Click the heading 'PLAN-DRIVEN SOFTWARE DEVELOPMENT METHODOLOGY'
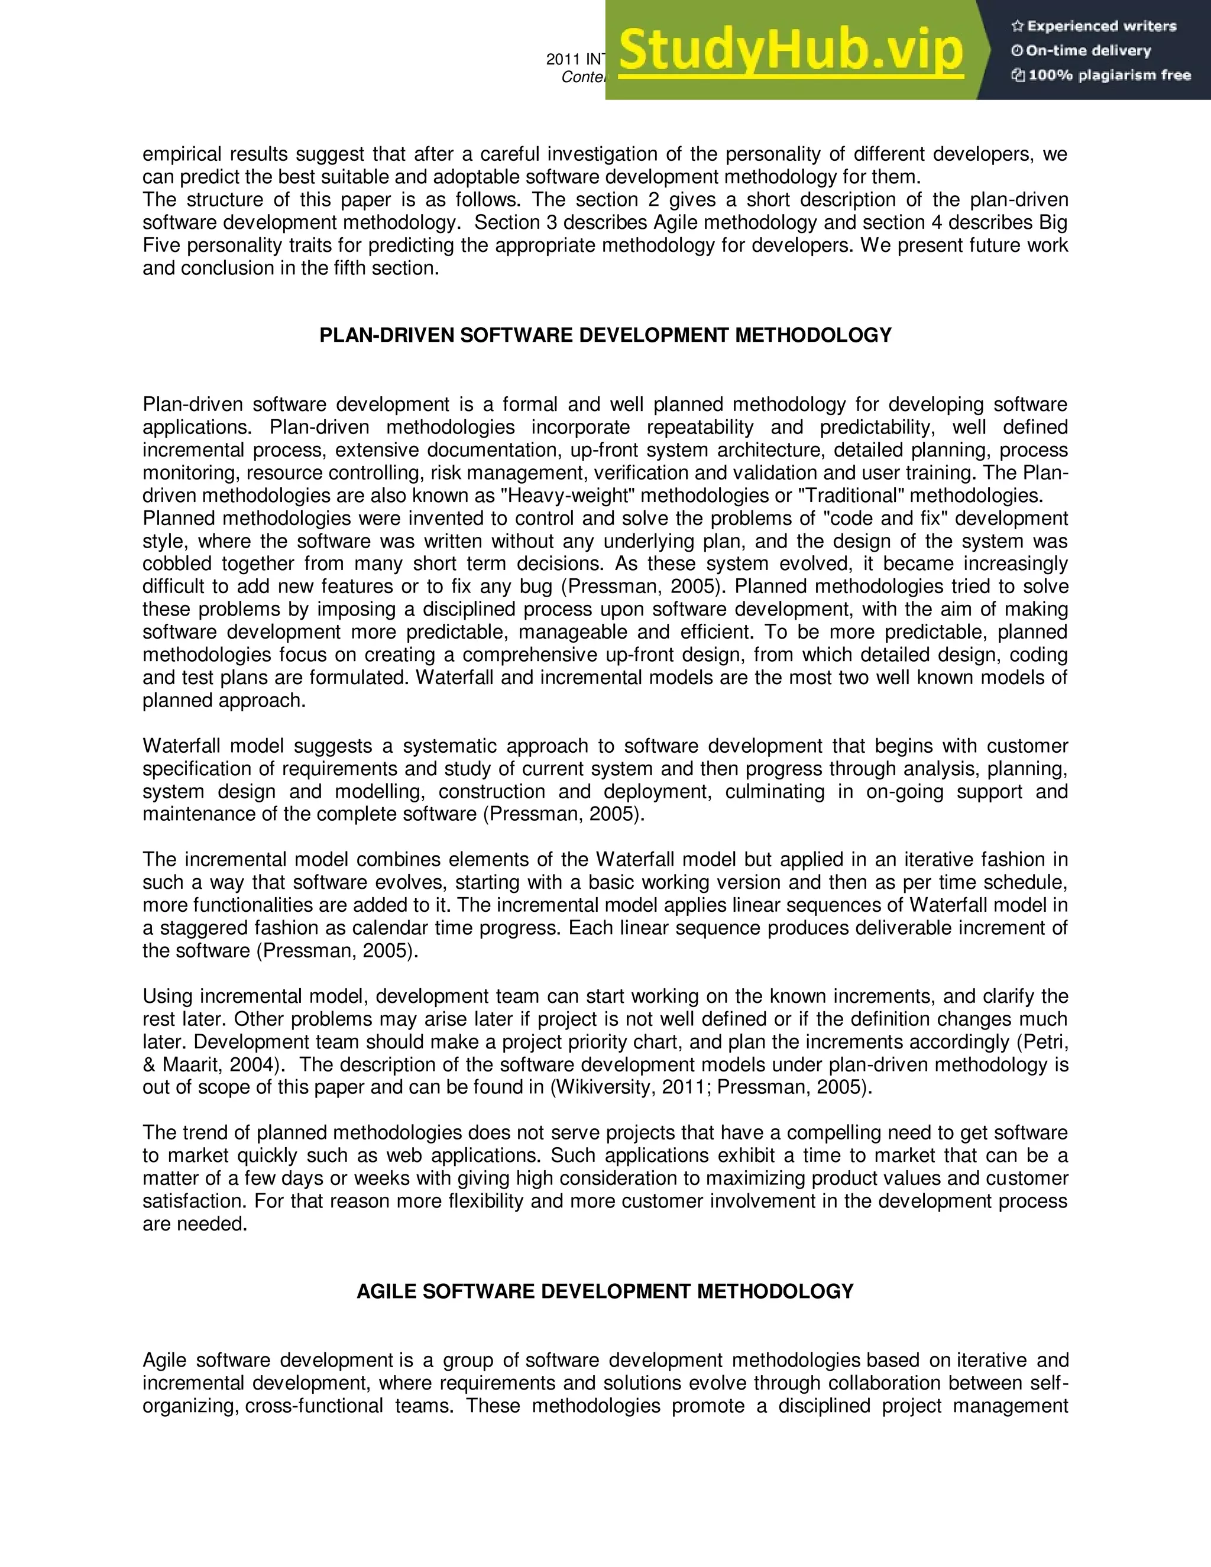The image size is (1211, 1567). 605,335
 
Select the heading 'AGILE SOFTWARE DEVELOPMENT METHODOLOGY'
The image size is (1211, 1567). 605,1291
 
